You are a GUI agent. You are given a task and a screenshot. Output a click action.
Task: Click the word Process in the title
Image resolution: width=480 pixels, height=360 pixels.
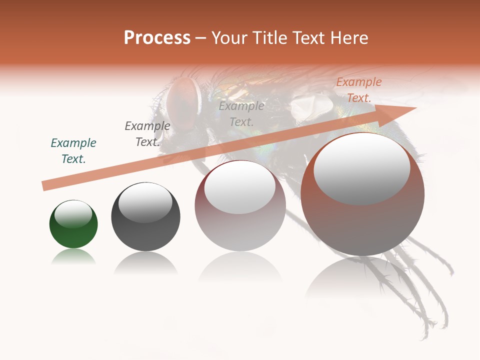[157, 37]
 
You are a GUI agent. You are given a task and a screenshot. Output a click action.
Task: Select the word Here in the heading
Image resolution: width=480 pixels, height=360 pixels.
[348, 37]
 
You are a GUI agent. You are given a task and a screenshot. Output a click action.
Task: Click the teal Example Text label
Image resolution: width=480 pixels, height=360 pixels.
[73, 150]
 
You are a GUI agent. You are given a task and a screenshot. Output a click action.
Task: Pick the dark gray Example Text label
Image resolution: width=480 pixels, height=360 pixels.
[147, 134]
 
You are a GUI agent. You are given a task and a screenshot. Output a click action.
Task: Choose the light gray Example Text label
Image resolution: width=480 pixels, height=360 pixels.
[241, 113]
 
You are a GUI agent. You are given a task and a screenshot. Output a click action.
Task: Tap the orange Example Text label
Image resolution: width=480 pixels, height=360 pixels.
[359, 90]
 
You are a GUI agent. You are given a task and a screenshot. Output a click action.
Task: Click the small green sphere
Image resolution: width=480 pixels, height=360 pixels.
[73, 235]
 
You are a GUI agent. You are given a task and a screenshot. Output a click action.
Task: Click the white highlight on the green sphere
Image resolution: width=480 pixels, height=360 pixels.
[73, 214]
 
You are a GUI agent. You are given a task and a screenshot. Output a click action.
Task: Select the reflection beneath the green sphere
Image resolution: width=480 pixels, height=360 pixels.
[73, 257]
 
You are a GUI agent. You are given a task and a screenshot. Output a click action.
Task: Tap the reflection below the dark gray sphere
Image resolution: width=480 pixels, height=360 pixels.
[145, 262]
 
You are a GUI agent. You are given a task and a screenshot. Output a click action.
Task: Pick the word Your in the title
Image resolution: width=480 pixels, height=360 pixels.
[228, 37]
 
